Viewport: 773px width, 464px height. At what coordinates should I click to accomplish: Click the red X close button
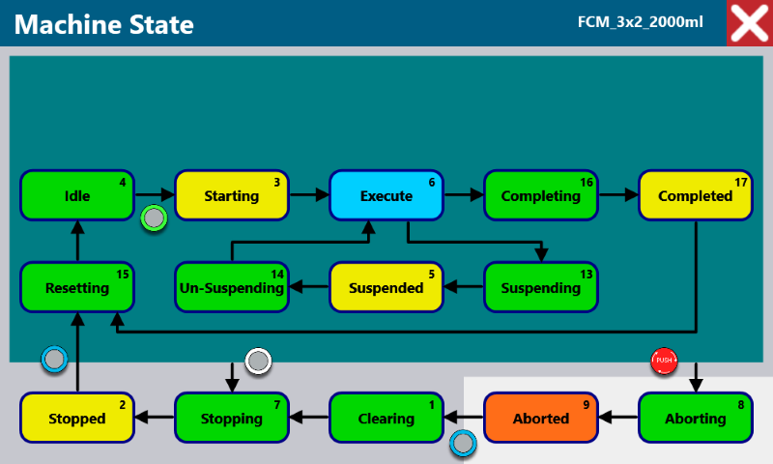pyautogui.click(x=750, y=23)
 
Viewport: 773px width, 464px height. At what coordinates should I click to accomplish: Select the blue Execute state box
pyautogui.click(x=386, y=195)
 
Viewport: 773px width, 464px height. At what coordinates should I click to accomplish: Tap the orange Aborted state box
pyautogui.click(x=541, y=418)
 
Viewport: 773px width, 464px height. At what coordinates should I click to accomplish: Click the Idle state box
pyautogui.click(x=77, y=195)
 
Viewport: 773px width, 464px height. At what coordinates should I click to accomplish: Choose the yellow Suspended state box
pyautogui.click(x=386, y=287)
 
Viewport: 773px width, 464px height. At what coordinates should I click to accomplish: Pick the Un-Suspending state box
pyautogui.click(x=232, y=287)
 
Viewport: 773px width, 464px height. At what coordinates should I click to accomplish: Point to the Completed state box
pyautogui.click(x=696, y=195)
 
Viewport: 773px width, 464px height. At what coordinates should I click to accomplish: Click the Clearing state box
pyautogui.click(x=386, y=418)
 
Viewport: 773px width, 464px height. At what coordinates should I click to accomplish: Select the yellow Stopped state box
pyautogui.click(x=77, y=418)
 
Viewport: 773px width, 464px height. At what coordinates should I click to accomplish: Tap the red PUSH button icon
pyautogui.click(x=664, y=361)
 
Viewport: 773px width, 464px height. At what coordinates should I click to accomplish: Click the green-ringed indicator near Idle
pyautogui.click(x=154, y=217)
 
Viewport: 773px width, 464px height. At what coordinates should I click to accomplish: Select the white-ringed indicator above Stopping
pyautogui.click(x=258, y=362)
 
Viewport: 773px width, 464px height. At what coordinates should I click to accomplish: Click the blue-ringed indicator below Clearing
pyautogui.click(x=463, y=443)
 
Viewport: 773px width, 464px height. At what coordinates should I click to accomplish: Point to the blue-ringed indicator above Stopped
pyautogui.click(x=54, y=359)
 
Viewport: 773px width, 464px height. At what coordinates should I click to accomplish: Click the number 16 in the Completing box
pyautogui.click(x=587, y=183)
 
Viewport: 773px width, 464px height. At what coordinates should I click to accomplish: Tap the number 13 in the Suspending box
pyautogui.click(x=587, y=275)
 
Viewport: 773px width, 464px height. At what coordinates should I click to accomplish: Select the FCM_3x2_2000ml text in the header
pyautogui.click(x=641, y=22)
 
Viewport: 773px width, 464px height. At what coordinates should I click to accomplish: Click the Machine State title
pyautogui.click(x=104, y=25)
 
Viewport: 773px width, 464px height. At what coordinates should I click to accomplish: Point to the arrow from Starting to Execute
pyautogui.click(x=309, y=194)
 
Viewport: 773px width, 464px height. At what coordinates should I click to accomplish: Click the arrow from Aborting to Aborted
pyautogui.click(x=618, y=418)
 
